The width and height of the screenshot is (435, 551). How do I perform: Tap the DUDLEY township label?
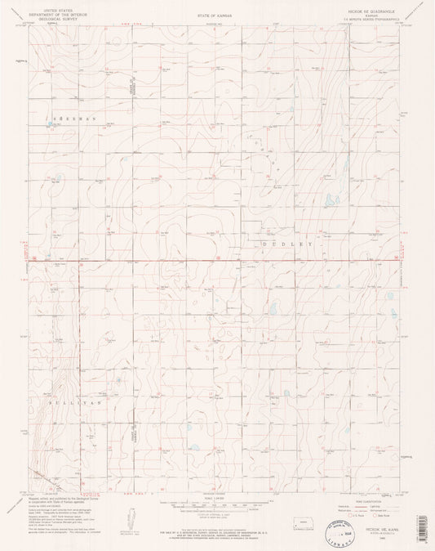click(x=286, y=244)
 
